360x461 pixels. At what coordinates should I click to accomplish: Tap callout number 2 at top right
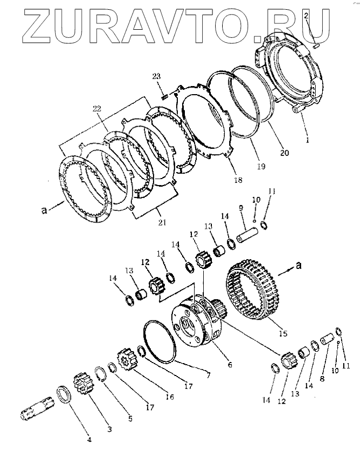point(306,17)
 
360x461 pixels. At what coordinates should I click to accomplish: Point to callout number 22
point(97,109)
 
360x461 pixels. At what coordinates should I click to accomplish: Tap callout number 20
point(284,153)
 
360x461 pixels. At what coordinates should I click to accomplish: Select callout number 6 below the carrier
point(230,365)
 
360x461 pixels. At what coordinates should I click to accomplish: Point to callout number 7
point(193,375)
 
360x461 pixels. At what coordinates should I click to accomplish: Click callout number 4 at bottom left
point(90,439)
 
